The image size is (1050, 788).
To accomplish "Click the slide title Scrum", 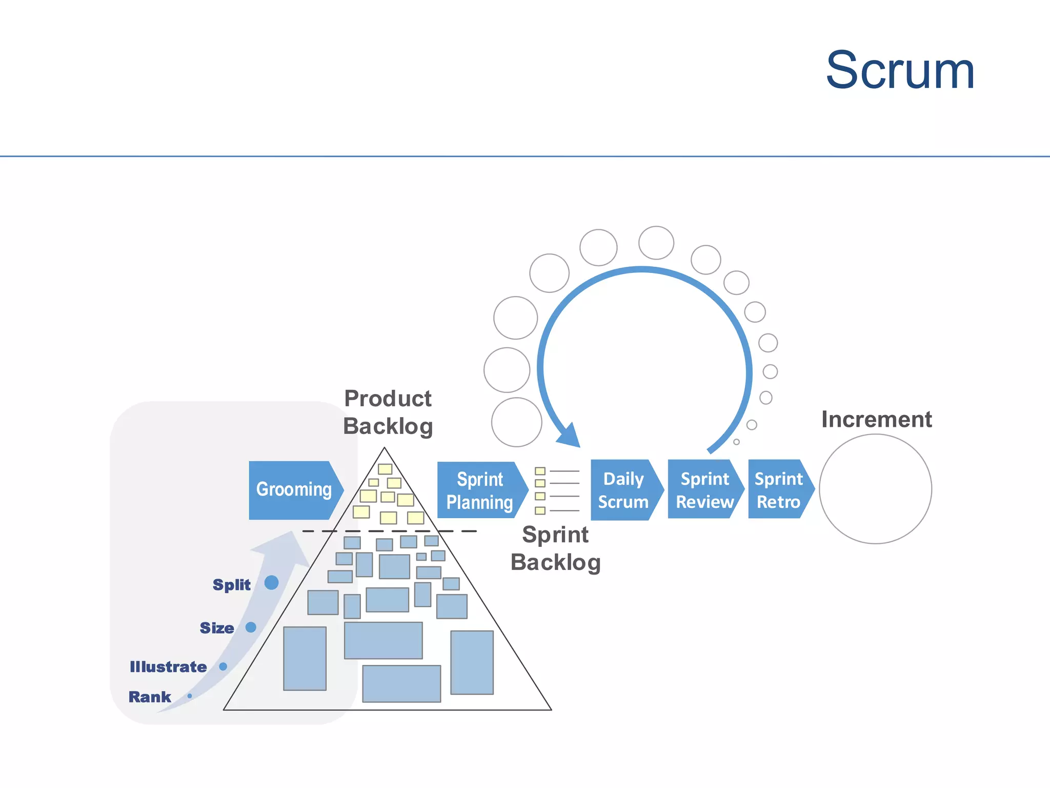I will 900,70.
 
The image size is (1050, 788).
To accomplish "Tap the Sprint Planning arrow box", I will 480,490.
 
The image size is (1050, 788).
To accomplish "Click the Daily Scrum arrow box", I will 624,490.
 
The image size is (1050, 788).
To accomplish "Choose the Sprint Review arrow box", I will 704,490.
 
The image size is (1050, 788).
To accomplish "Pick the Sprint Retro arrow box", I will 778,490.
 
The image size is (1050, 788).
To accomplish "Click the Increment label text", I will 876,420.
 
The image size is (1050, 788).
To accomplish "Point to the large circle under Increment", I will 875,489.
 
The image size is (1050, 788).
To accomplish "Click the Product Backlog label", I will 388,412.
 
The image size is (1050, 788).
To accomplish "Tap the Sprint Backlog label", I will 556,548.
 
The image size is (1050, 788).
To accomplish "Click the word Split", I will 232,585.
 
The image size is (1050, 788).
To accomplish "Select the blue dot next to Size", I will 251,627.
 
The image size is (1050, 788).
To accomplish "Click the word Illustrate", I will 168,667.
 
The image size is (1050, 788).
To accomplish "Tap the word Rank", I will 150,697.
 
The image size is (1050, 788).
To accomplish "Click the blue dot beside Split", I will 271,583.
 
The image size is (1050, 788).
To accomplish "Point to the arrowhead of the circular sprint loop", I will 570,436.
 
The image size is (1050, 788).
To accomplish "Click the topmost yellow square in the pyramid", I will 385,469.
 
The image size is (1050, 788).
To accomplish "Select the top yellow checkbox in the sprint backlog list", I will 540,471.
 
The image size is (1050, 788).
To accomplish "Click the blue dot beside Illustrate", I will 223,666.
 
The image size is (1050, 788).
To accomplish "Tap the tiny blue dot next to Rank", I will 190,696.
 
